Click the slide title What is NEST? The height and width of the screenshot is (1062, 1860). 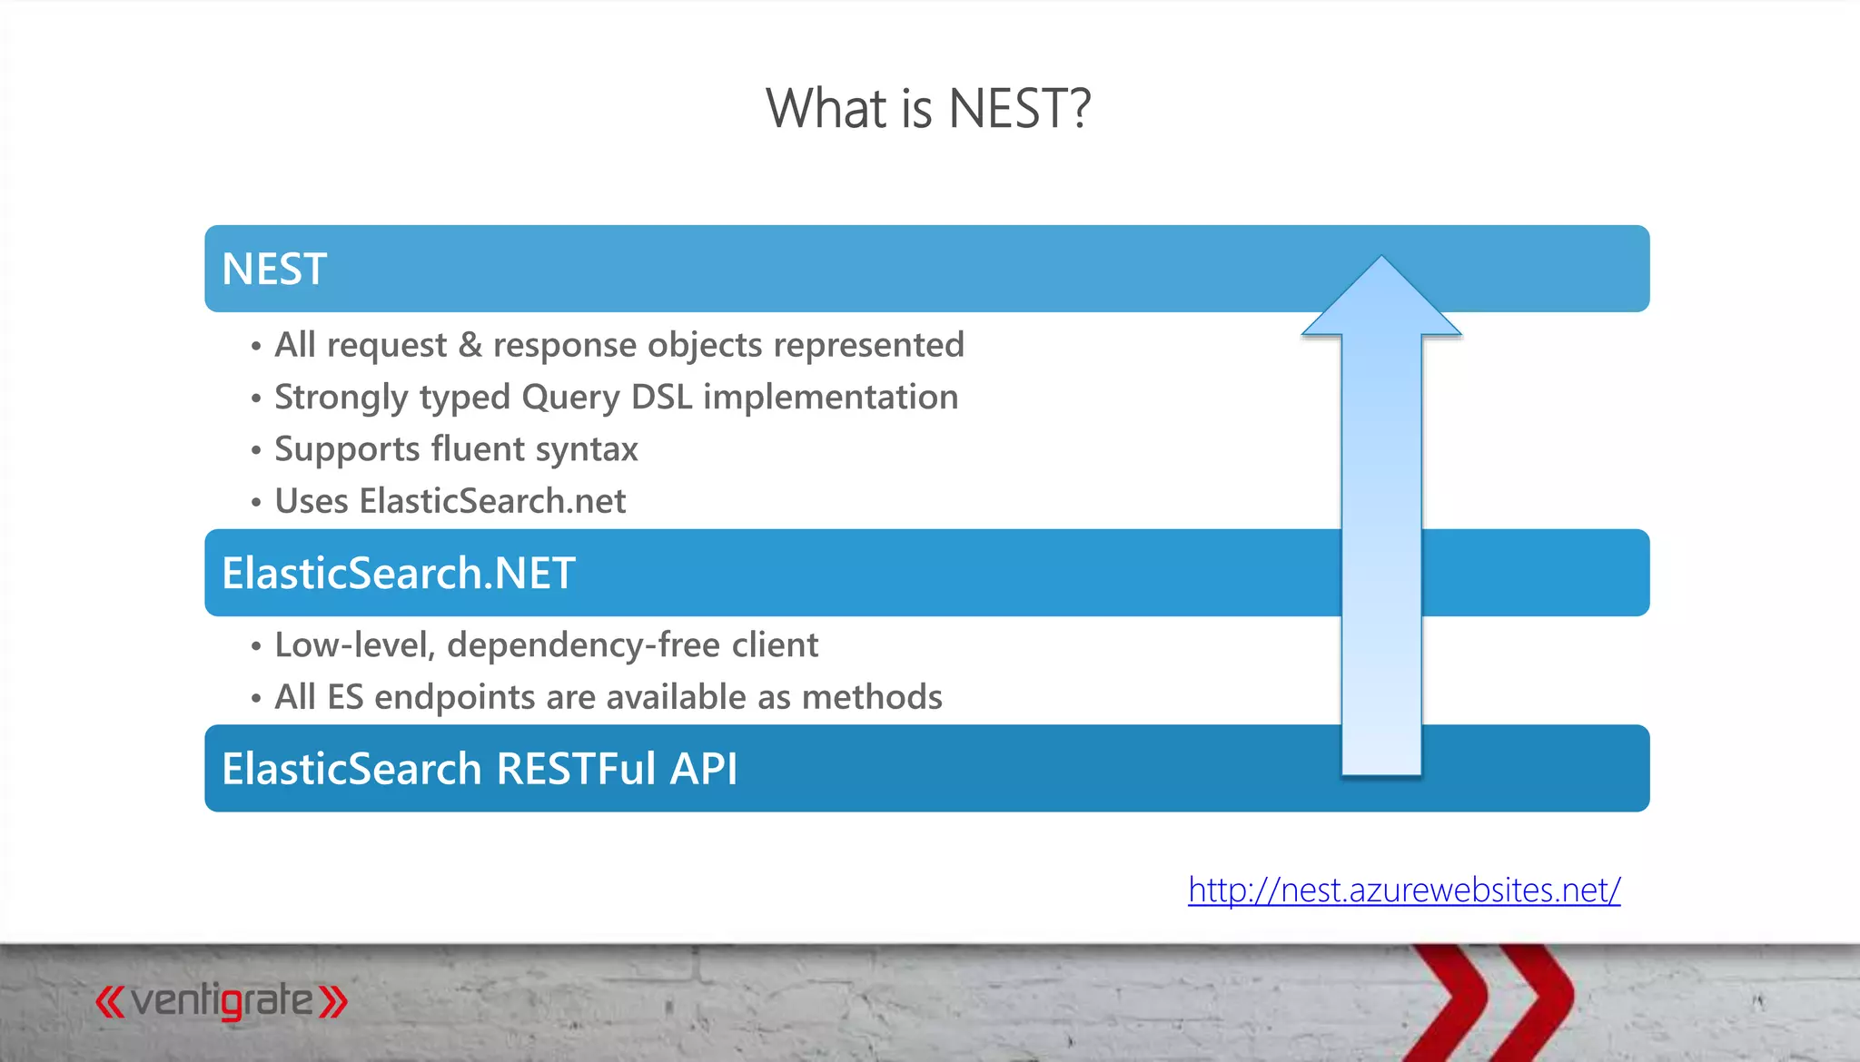tap(927, 109)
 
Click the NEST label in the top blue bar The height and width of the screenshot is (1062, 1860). tap(274, 270)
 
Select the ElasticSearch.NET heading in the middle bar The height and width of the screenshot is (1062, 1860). tap(399, 574)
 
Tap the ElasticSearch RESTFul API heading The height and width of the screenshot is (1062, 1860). tap(480, 769)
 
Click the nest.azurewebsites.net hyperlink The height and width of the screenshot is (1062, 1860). tap(1404, 890)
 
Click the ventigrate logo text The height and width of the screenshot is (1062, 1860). tap(222, 1001)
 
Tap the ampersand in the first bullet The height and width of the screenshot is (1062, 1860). tap(470, 346)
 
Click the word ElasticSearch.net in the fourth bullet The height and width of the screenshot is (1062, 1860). tap(492, 501)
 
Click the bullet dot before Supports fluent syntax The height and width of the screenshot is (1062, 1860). tap(256, 450)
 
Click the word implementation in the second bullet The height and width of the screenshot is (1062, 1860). tap(830, 398)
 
